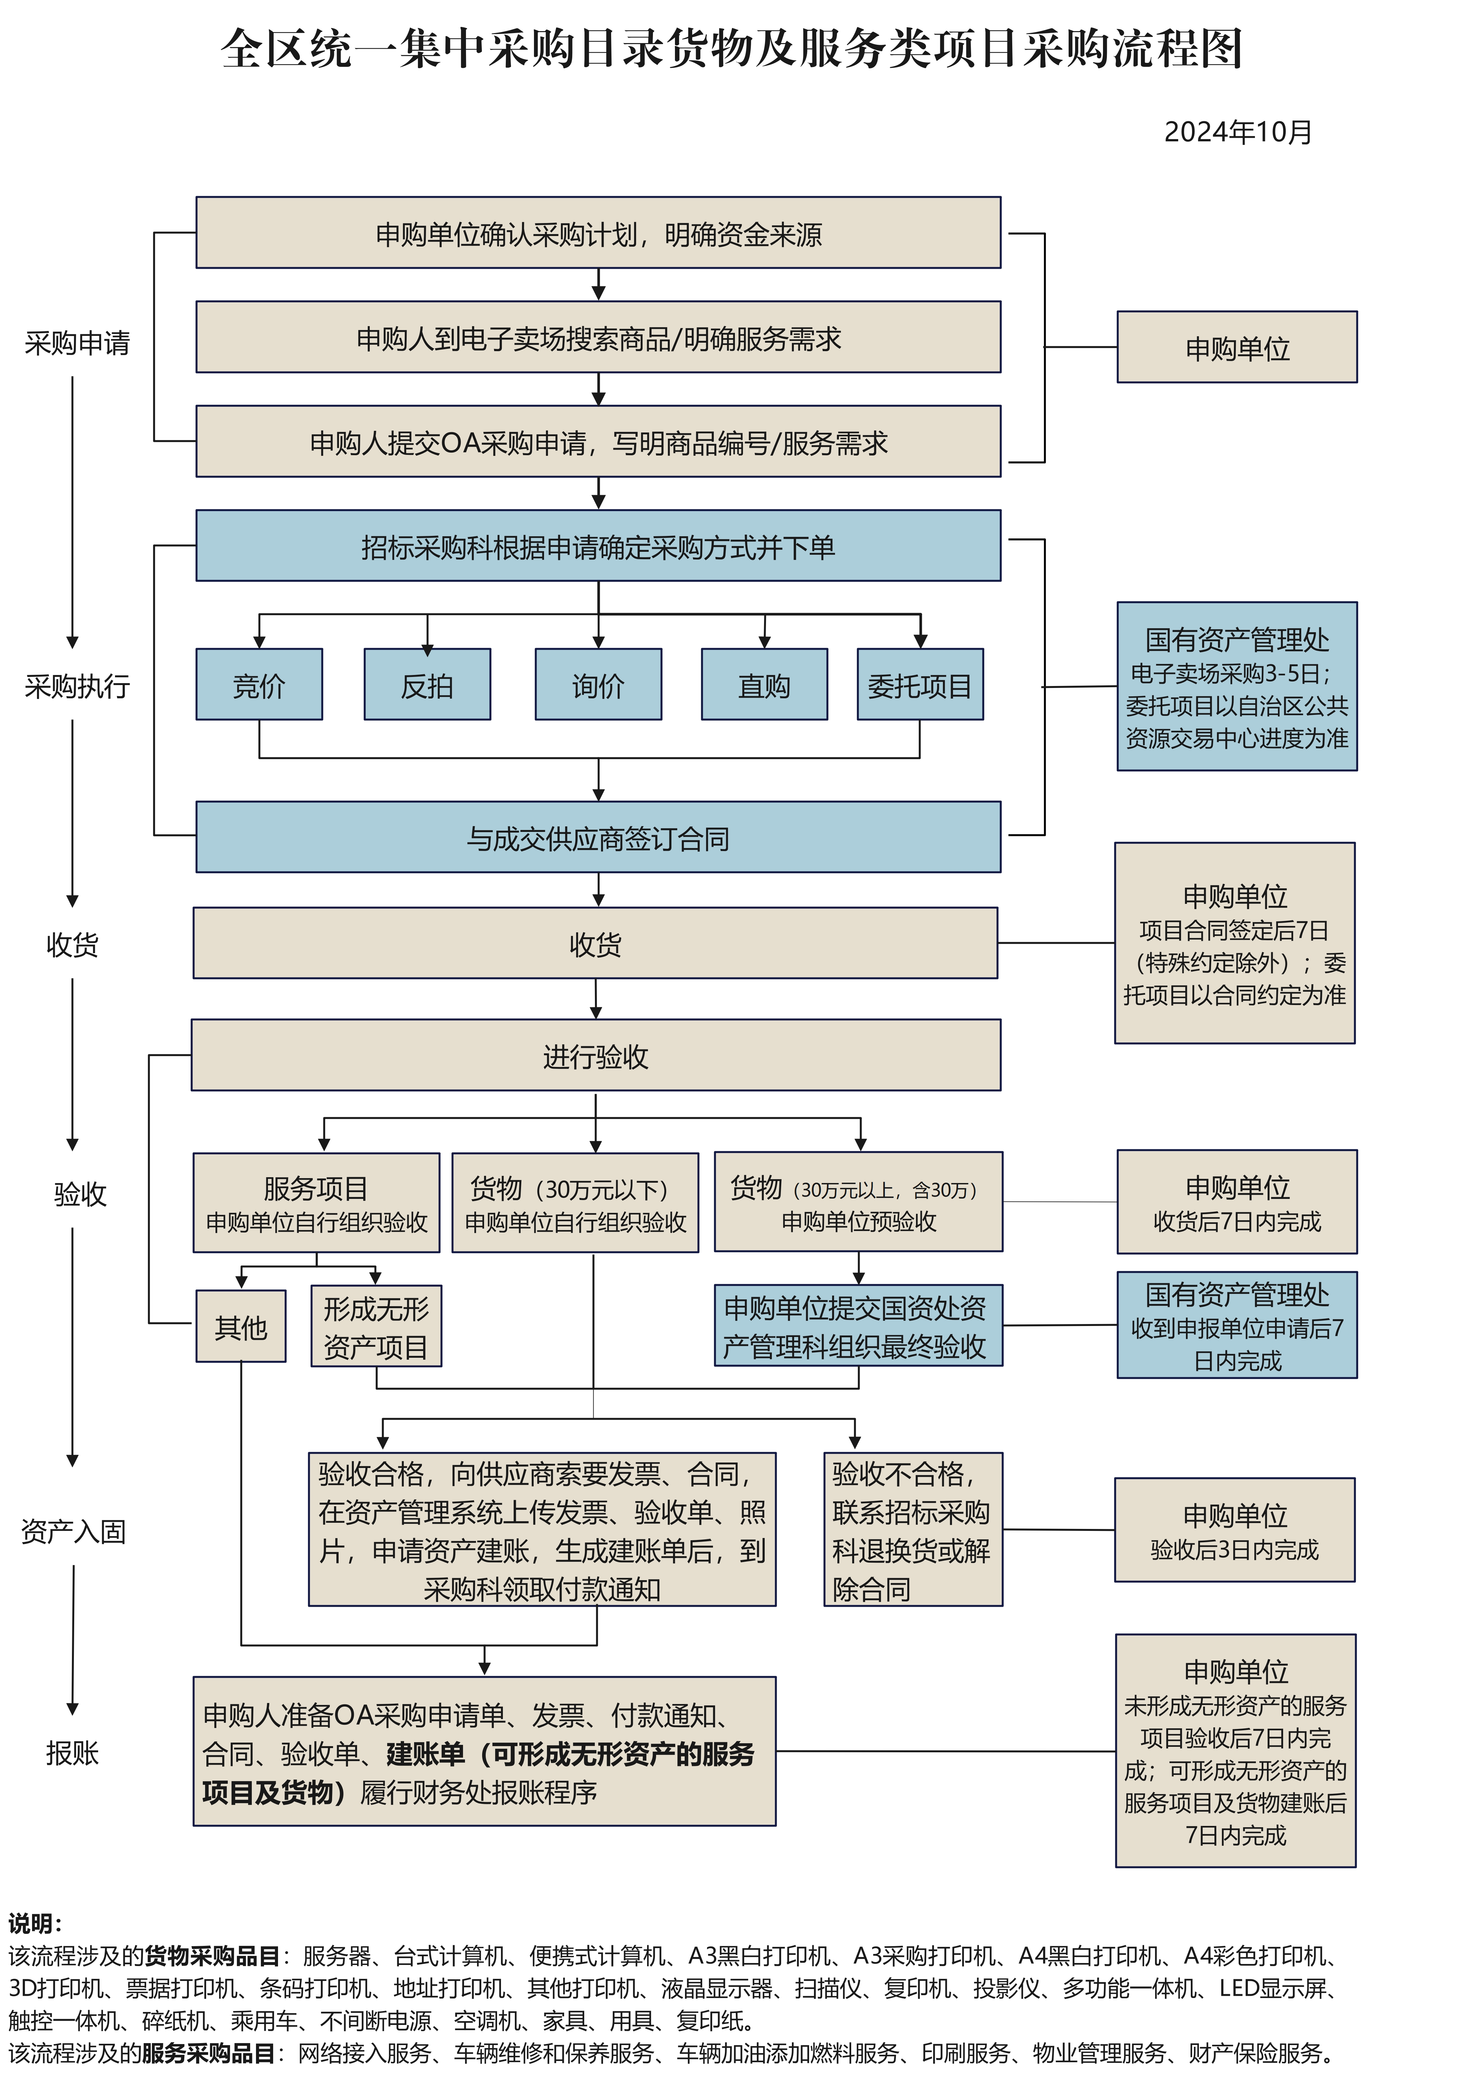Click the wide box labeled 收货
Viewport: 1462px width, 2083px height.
coord(595,943)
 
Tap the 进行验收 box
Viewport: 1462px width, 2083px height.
coord(595,1055)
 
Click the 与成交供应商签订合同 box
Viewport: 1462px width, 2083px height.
coord(598,837)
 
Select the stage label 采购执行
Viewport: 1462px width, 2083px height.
coord(77,686)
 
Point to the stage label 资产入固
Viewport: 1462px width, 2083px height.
coord(74,1532)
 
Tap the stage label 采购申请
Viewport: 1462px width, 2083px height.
coord(77,343)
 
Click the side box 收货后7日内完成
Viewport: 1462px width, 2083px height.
coord(1237,1202)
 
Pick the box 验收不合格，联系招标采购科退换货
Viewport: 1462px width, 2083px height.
coord(912,1530)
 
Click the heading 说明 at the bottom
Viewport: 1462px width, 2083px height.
coord(34,1923)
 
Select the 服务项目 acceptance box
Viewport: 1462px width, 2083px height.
coord(317,1203)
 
